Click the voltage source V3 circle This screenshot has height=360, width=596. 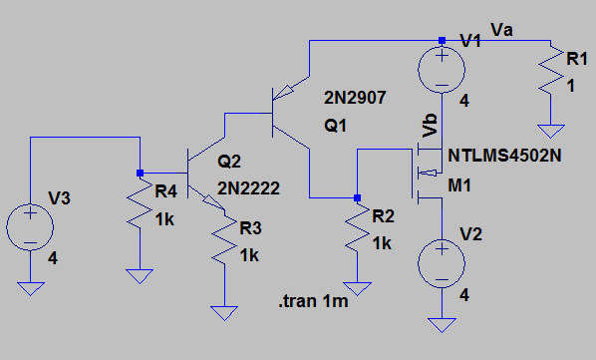(x=30, y=227)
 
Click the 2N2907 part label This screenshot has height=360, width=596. (x=354, y=99)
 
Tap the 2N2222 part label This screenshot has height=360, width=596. (x=246, y=187)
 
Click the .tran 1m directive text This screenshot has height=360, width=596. (x=314, y=302)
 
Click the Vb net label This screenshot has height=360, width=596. (x=431, y=124)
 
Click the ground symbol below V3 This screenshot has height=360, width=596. (x=30, y=288)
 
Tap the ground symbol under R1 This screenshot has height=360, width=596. (x=546, y=130)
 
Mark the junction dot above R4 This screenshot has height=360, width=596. (x=140, y=171)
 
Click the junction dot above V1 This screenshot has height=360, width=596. (x=442, y=41)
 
